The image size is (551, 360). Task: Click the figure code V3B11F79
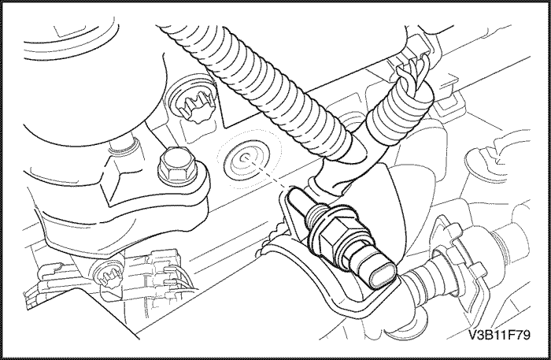(x=499, y=335)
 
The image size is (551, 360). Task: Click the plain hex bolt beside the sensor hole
(x=172, y=166)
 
